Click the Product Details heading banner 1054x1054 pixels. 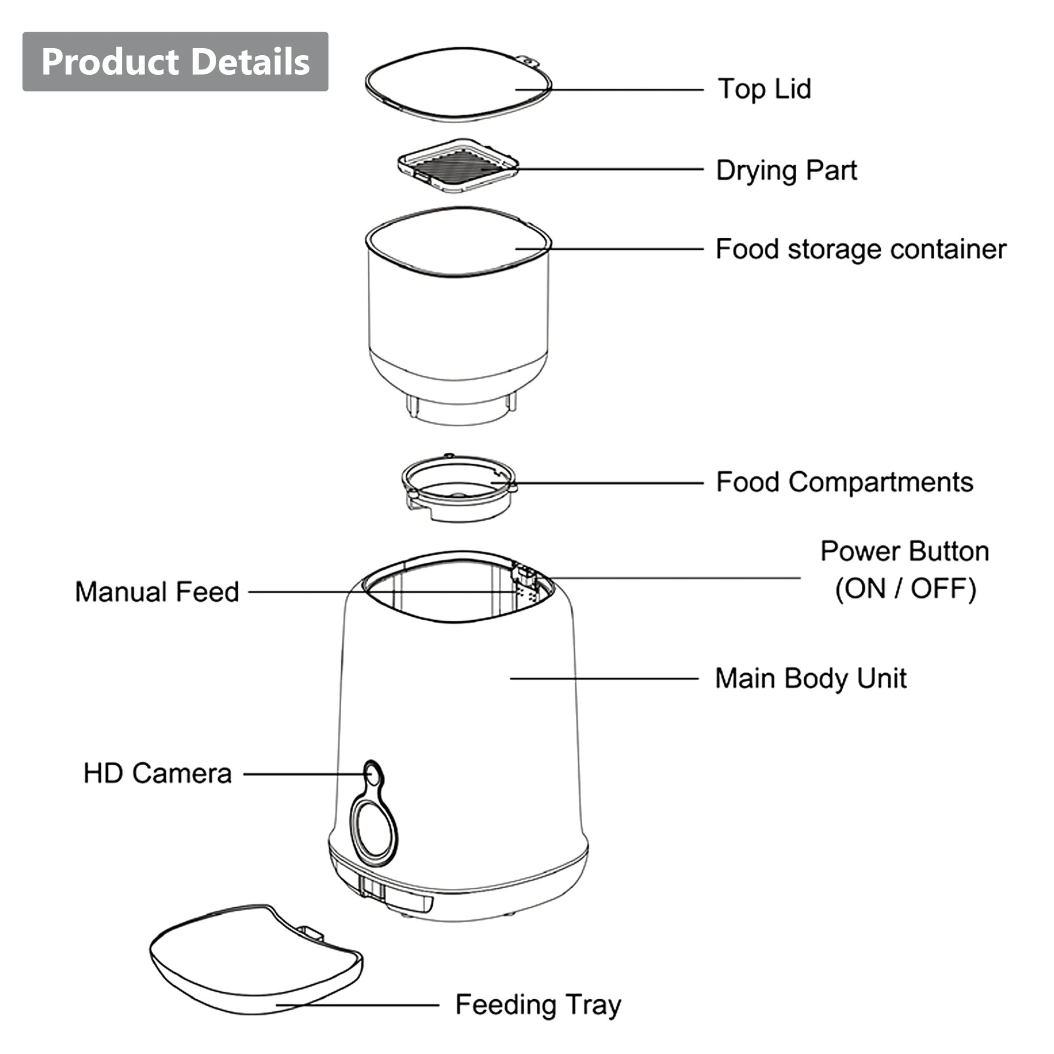175,61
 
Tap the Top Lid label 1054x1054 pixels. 764,89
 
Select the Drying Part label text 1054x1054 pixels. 786,170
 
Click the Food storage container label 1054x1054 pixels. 860,249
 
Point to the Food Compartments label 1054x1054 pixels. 844,482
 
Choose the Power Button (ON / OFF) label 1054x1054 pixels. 905,570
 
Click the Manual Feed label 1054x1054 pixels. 157,592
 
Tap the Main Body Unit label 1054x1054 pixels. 811,679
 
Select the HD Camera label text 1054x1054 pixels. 158,773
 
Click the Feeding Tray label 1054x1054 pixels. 538,1004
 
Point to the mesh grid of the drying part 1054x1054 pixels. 458,167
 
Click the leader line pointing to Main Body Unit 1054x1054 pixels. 604,679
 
